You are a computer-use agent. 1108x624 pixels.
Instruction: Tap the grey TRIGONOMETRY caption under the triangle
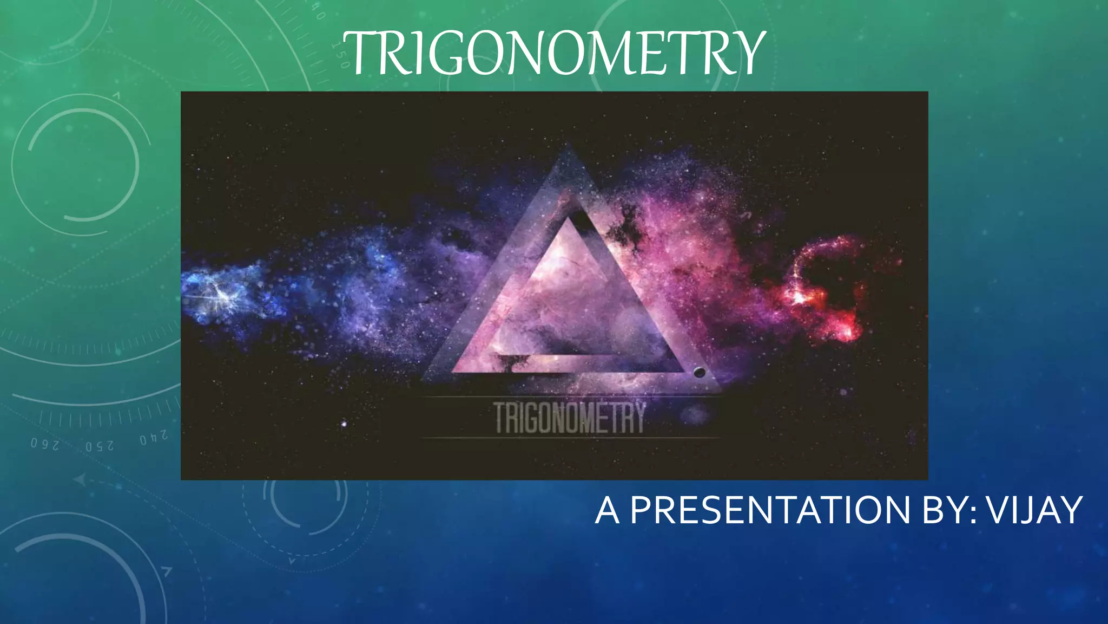tap(570, 418)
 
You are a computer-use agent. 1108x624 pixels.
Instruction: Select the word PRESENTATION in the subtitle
tap(770, 510)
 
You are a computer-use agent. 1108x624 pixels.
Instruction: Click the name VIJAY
tap(1033, 510)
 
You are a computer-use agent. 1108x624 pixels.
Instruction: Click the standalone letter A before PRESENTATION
tap(607, 511)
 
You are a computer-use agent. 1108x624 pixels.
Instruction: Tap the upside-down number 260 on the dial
tap(45, 444)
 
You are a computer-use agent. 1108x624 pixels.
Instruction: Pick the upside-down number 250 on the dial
tap(100, 446)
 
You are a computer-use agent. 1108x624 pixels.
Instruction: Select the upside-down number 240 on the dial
tap(154, 438)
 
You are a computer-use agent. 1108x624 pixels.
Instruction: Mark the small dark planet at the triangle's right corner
tap(699, 372)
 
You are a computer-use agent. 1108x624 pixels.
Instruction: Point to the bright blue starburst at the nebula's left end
tap(219, 292)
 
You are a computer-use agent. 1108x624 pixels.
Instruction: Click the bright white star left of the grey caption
tap(345, 423)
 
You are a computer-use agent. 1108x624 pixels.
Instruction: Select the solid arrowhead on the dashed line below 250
tap(80, 480)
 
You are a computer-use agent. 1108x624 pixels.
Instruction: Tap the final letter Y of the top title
tap(748, 53)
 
